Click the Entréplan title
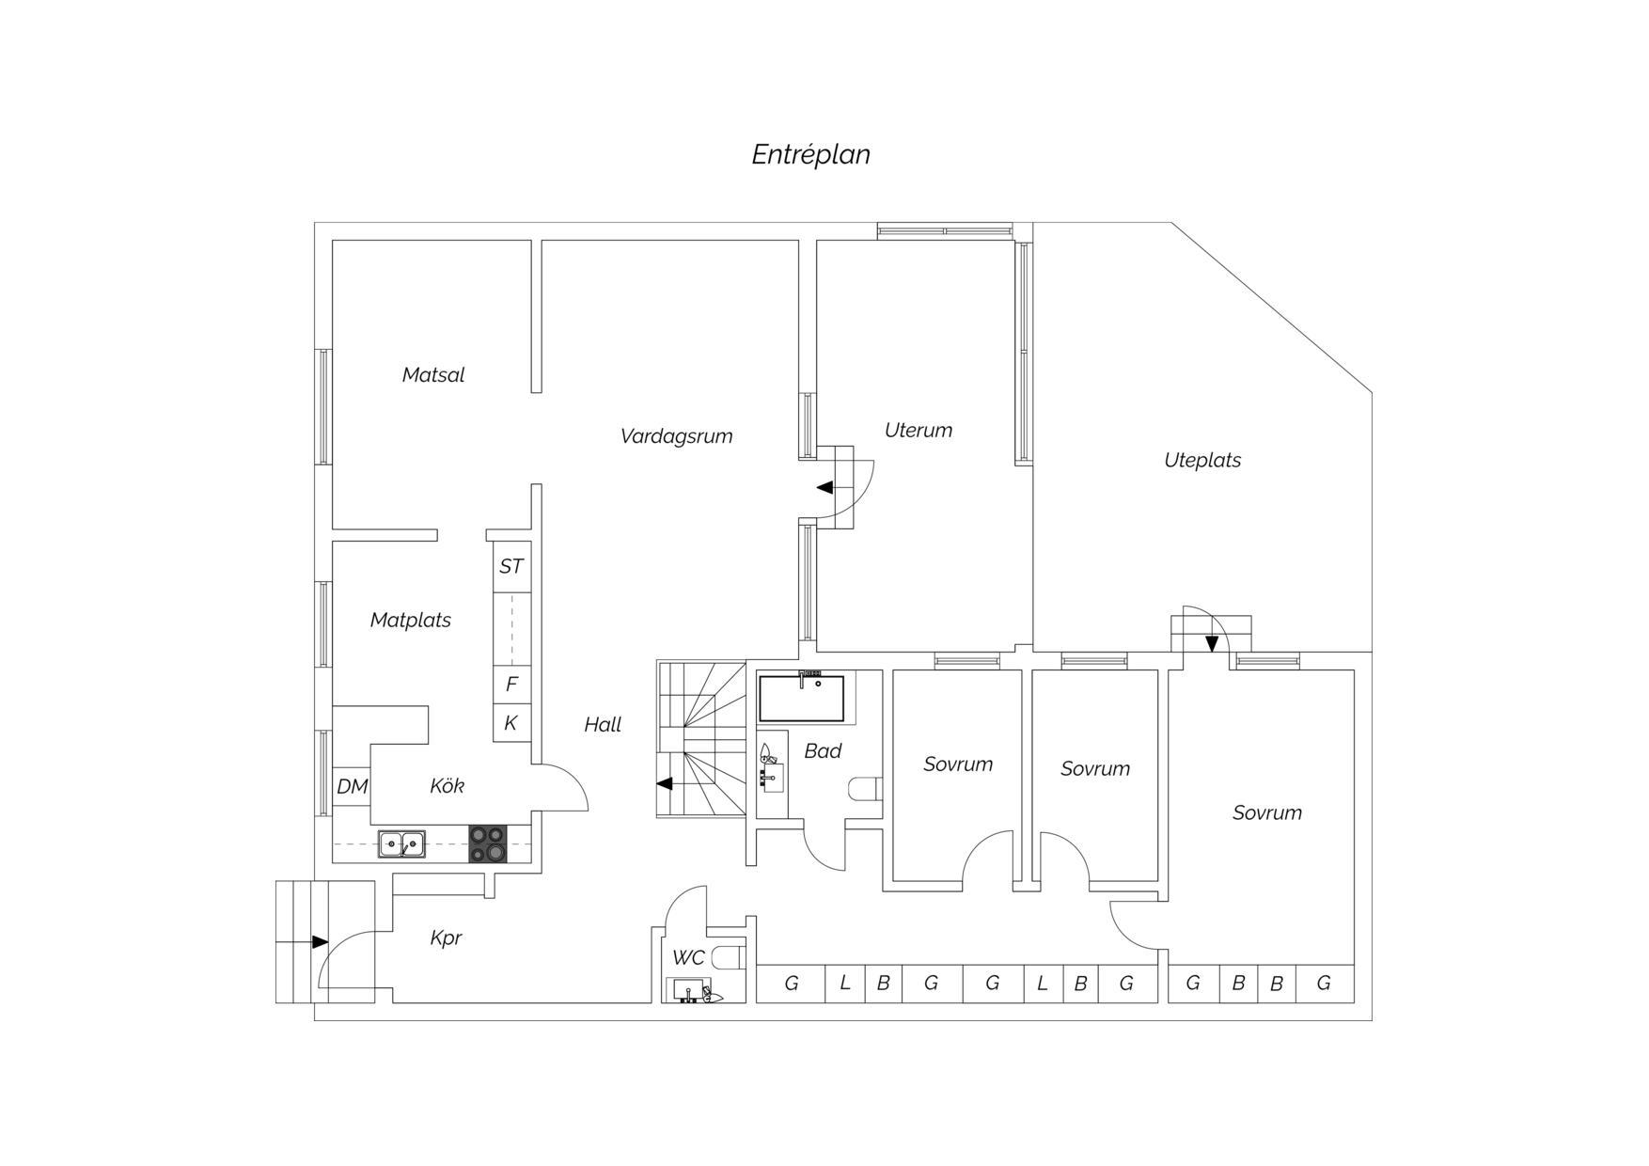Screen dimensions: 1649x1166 click(x=810, y=154)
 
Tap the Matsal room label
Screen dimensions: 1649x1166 click(x=433, y=374)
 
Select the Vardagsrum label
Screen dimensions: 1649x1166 click(x=676, y=436)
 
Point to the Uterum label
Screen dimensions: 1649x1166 click(x=919, y=430)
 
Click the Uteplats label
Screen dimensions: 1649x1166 click(x=1202, y=461)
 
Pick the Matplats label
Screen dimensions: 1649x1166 click(x=410, y=621)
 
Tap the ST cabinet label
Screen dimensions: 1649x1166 click(x=511, y=566)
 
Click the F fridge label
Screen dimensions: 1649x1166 click(x=511, y=684)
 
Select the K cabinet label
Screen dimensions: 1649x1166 click(x=511, y=722)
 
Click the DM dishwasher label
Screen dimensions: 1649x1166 click(x=353, y=786)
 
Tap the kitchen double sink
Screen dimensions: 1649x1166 click(x=401, y=844)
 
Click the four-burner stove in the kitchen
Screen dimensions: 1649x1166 click(x=488, y=843)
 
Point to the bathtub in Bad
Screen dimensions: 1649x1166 click(x=802, y=697)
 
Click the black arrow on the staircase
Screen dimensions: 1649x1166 click(x=664, y=783)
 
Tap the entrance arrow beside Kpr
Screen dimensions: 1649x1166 click(x=320, y=941)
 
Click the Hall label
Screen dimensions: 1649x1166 click(x=603, y=724)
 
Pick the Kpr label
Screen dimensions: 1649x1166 click(x=446, y=938)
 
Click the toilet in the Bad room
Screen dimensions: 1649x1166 click(x=865, y=788)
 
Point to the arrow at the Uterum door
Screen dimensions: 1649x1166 click(x=824, y=487)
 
